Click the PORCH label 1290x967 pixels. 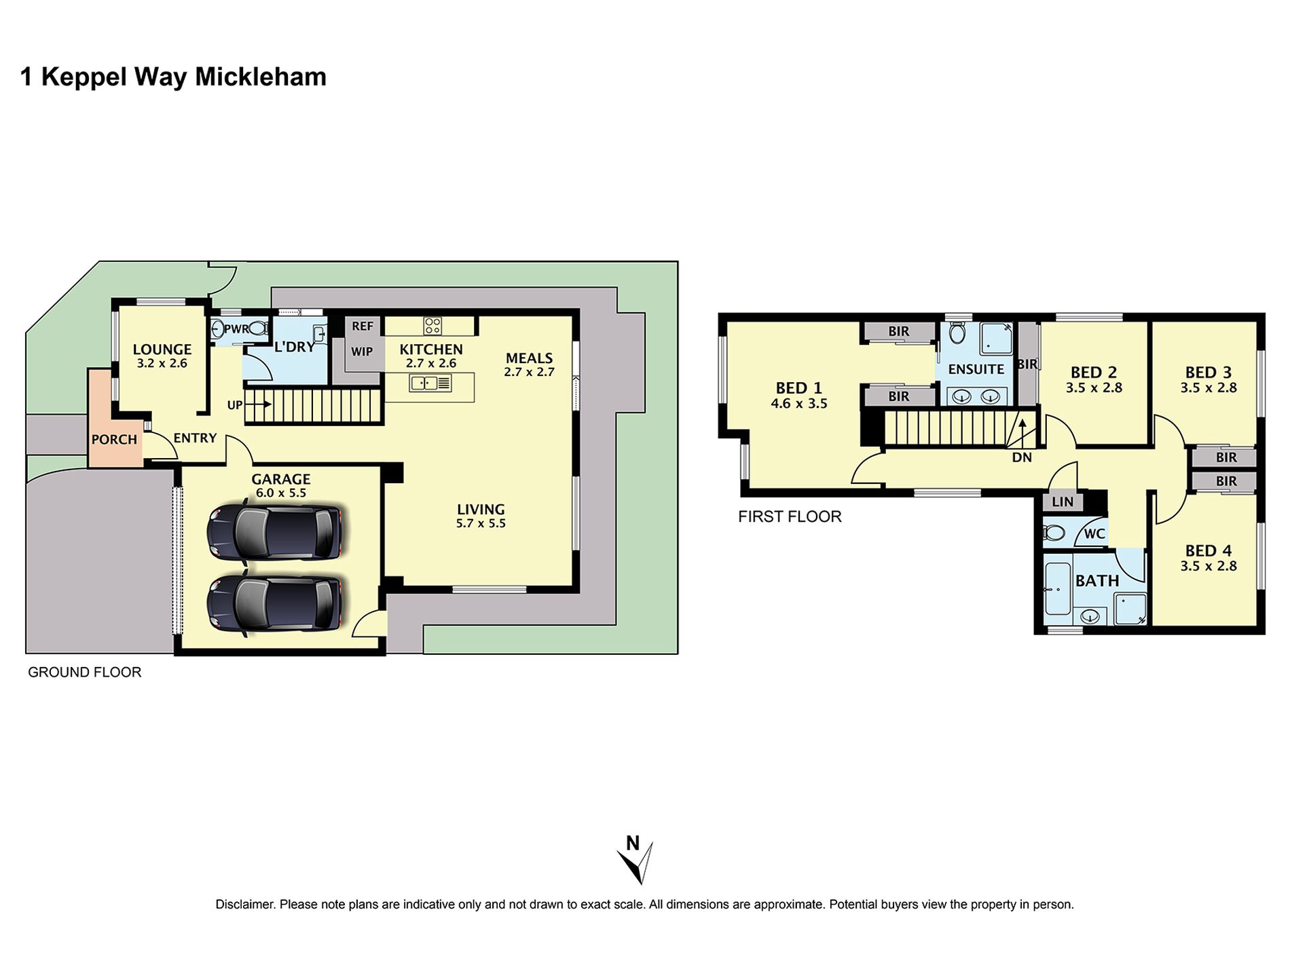[114, 440]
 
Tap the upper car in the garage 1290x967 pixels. [275, 533]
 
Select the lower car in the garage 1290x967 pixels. [275, 603]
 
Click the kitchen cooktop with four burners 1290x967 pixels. [432, 326]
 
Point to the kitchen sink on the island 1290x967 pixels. [430, 383]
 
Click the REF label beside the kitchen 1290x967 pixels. [363, 326]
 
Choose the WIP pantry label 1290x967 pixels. [362, 352]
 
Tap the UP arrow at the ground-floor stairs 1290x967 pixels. [258, 404]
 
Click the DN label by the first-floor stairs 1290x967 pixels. [1022, 457]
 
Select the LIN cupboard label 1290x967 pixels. [1063, 502]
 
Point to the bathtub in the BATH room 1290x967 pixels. [1057, 589]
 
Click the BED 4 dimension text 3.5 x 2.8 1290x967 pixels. [1209, 566]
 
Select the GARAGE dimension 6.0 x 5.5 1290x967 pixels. [281, 493]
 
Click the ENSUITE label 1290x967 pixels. [976, 369]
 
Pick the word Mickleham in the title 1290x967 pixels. [261, 77]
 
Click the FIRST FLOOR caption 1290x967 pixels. [790, 516]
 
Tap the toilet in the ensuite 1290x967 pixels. [957, 333]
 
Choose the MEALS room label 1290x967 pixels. [530, 358]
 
